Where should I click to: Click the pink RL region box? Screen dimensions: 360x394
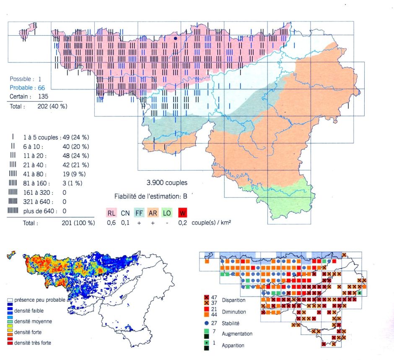click(111, 213)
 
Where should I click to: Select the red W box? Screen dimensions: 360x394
click(182, 213)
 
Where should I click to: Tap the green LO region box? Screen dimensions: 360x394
click(167, 213)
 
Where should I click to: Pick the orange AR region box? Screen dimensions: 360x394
click(153, 213)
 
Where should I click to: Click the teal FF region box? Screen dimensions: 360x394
click(139, 213)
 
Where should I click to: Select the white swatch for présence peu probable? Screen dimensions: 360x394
click(10, 300)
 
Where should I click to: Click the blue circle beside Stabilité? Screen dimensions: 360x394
click(207, 323)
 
